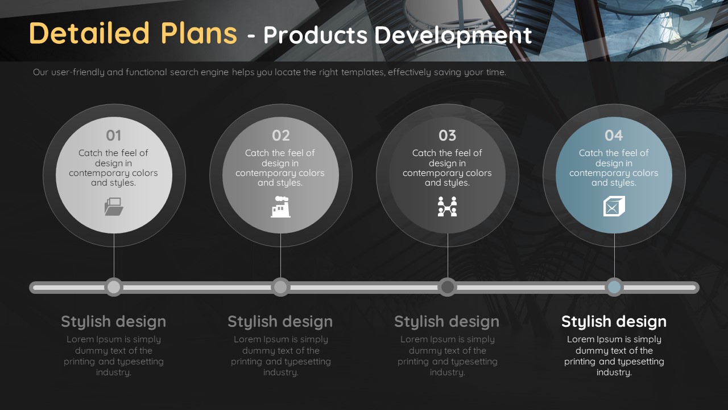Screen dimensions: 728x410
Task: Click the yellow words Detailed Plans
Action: [133, 33]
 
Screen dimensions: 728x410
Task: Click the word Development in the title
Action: [453, 35]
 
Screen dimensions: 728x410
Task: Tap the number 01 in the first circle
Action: [113, 136]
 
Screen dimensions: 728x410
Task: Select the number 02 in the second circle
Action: [280, 136]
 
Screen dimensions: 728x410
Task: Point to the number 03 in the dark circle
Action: [447, 136]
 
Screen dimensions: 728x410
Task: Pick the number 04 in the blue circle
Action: [614, 136]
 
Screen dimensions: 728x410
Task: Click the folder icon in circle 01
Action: [114, 207]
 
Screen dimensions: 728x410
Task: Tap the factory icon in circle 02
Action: [280, 207]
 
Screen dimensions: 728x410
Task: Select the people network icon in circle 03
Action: [447, 207]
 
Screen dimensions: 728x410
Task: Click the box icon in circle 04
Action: [614, 206]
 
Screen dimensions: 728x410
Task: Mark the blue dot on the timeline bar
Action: [614, 288]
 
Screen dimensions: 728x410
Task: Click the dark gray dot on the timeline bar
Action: [448, 288]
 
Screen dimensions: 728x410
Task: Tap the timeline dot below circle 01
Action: [114, 288]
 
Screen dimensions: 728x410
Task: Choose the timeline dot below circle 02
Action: [280, 288]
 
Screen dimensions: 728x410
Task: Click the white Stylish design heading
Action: [614, 322]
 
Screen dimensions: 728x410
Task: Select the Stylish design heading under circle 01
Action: [113, 322]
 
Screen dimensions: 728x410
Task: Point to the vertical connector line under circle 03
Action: [448, 256]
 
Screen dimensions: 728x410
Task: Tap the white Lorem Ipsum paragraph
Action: [614, 356]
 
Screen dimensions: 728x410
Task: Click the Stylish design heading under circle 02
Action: [280, 322]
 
